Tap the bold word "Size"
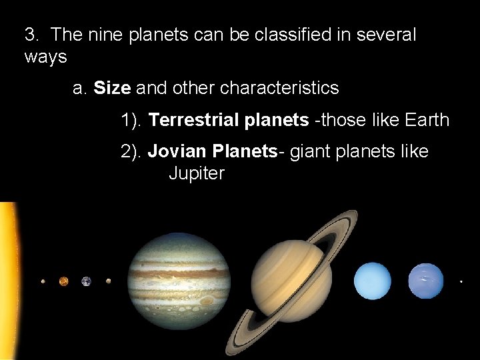pos(112,88)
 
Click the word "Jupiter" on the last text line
pos(197,174)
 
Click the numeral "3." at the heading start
pos(33,35)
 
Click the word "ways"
pos(45,57)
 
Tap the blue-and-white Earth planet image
pos(86,281)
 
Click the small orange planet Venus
pos(63,281)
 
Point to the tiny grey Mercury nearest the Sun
pos(43,281)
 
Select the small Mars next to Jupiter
pos(108,281)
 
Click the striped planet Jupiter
pos(179,281)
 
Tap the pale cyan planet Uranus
pos(373,281)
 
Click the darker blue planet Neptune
pos(425,281)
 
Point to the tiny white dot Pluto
pos(461,282)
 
